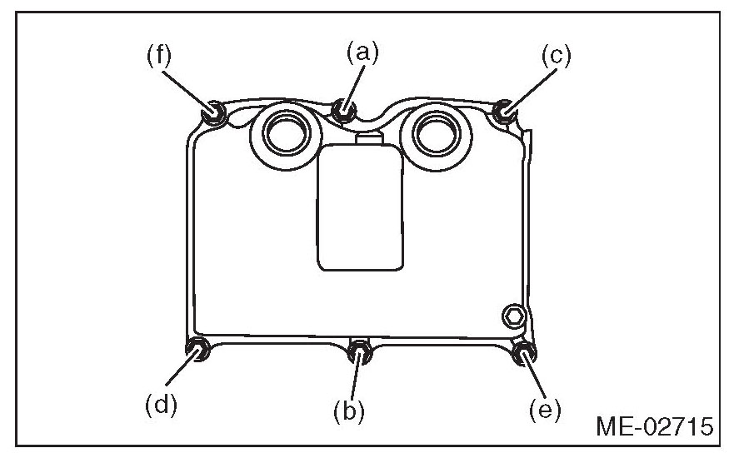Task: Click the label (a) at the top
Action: coord(362,54)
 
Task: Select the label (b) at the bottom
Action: coord(351,411)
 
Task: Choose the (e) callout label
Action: coord(545,409)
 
